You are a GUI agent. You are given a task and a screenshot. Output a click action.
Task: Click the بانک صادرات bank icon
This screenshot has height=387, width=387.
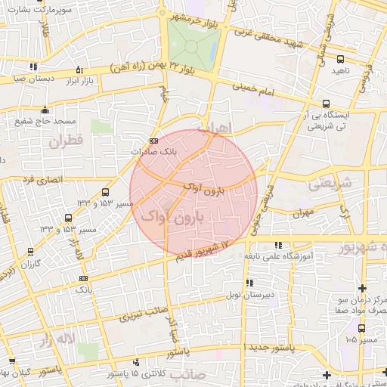click(154, 141)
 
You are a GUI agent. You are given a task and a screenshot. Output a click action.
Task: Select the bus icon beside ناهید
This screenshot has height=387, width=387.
click(340, 59)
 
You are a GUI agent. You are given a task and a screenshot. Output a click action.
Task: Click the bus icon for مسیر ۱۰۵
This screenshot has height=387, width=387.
click(361, 328)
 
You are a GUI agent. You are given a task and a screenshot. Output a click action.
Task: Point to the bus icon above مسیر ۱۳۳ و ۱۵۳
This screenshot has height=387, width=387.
click(104, 193)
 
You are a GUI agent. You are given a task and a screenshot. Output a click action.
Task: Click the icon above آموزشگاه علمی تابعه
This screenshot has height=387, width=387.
click(279, 245)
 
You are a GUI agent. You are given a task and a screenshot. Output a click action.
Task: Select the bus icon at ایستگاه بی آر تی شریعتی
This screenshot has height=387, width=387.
click(326, 104)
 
